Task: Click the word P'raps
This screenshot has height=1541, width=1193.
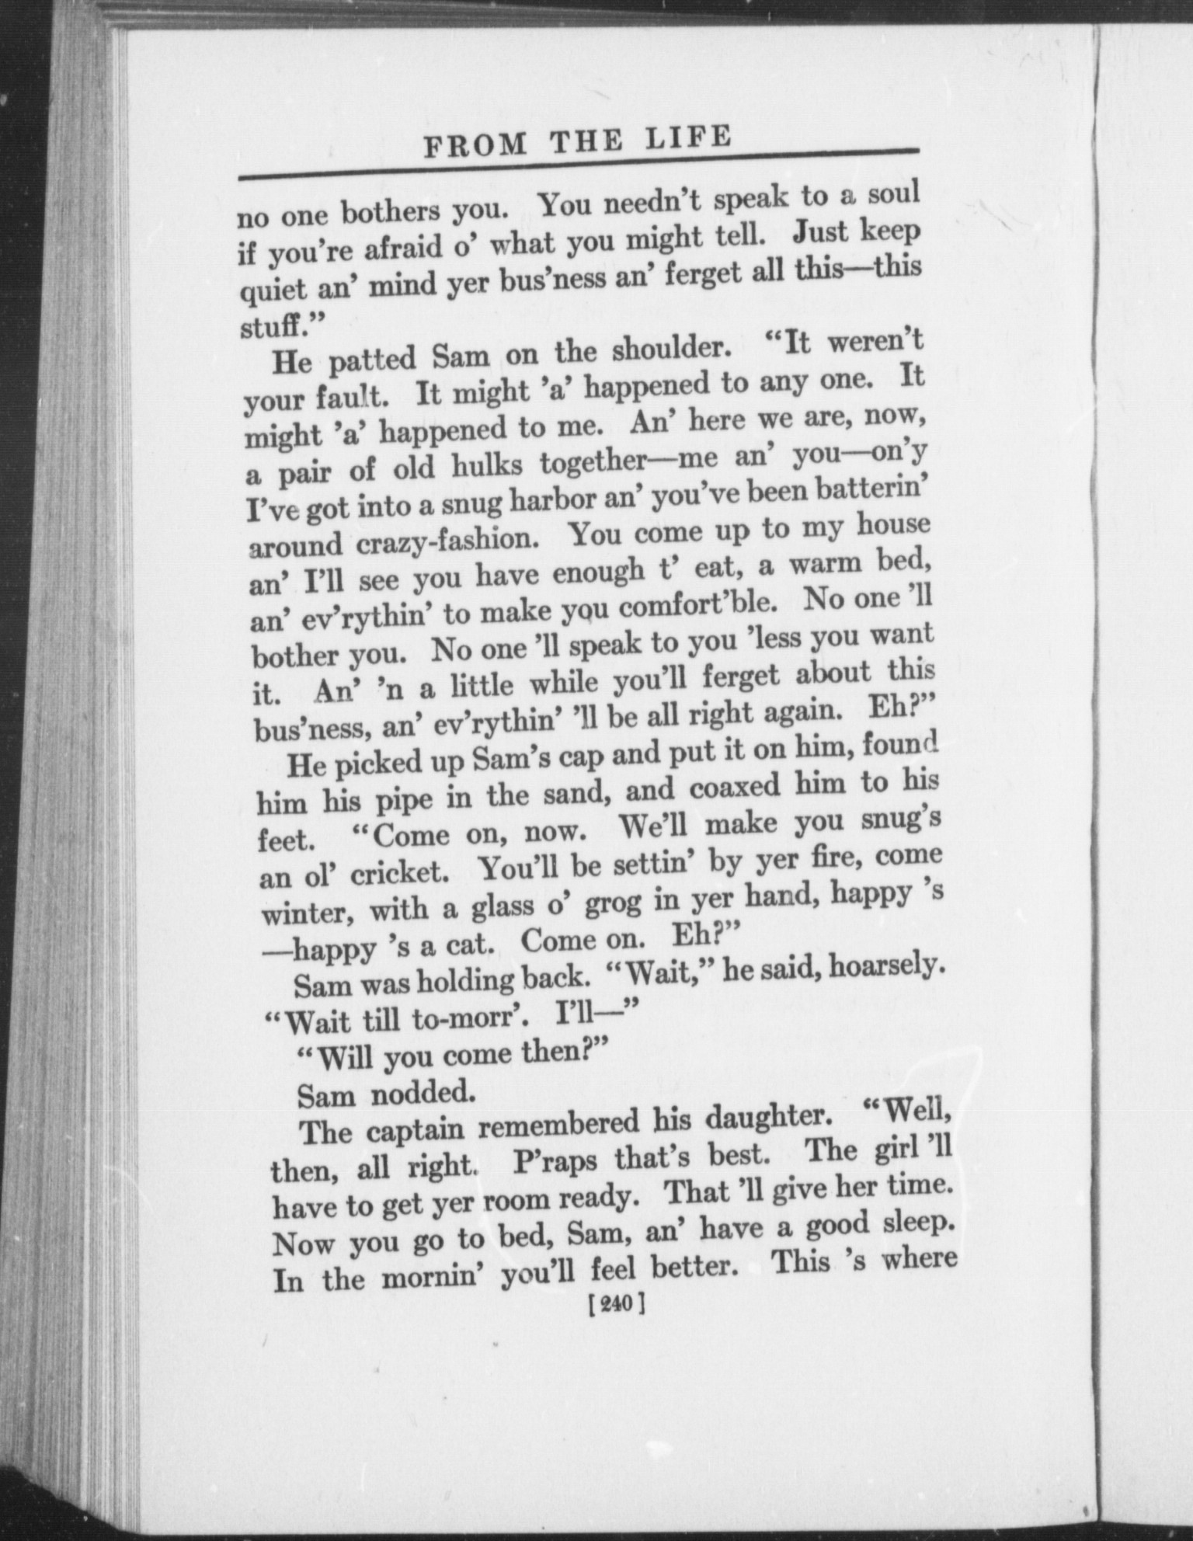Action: tap(555, 1162)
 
